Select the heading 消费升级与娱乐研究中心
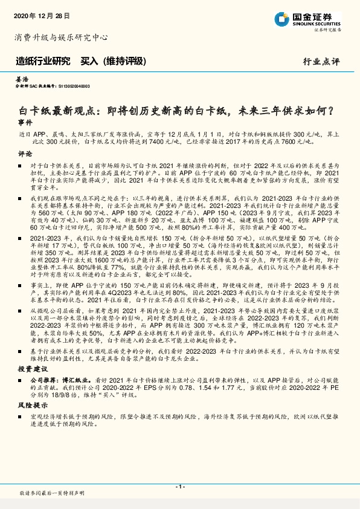pos(61,37)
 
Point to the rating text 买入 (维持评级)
pos(114,60)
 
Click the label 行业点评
pos(321,61)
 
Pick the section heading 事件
pos(24,122)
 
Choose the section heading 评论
pos(24,154)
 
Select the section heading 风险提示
pos(30,406)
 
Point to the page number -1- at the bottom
pos(179,486)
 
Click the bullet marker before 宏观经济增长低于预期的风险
pos(21,417)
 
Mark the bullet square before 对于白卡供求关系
pos(21,164)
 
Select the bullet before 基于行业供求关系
pos(21,351)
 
